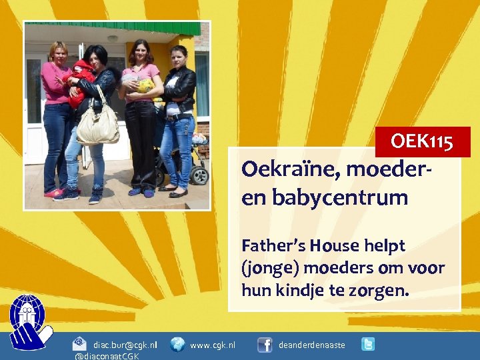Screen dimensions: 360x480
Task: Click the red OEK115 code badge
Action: tap(423, 142)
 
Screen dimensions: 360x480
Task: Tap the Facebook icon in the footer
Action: tap(265, 345)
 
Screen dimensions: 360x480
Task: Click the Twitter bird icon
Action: tap(367, 344)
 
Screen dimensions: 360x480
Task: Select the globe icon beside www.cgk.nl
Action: tap(177, 345)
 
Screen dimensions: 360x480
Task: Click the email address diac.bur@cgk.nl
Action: tap(125, 345)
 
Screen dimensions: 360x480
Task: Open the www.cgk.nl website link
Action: tap(212, 345)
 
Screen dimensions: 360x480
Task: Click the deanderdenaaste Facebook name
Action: tap(311, 345)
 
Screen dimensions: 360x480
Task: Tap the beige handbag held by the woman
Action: tap(97, 127)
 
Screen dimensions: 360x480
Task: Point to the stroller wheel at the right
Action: tap(199, 175)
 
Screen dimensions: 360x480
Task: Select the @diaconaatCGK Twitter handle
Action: tap(107, 356)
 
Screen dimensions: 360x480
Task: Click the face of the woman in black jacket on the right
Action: tap(179, 56)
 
